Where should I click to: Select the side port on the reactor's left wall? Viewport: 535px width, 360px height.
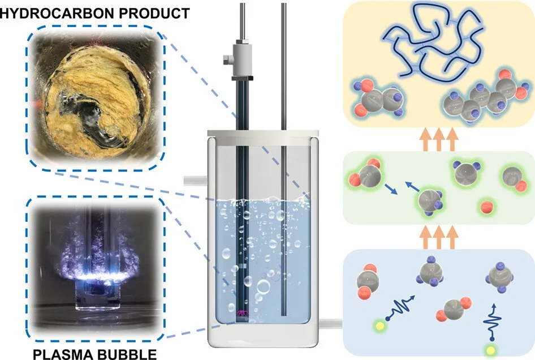coord(192,181)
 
